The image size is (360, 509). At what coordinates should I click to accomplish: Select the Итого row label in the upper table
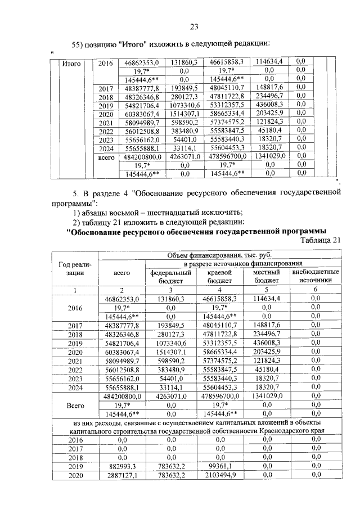pyautogui.click(x=71, y=64)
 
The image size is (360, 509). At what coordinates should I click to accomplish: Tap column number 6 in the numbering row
pyautogui.click(x=316, y=289)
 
